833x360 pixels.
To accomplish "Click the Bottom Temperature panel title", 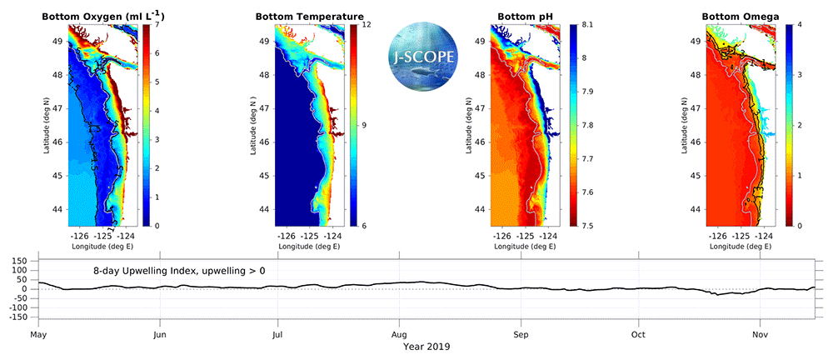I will pyautogui.click(x=309, y=16).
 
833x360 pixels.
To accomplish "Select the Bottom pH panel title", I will pyautogui.click(x=521, y=16).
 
